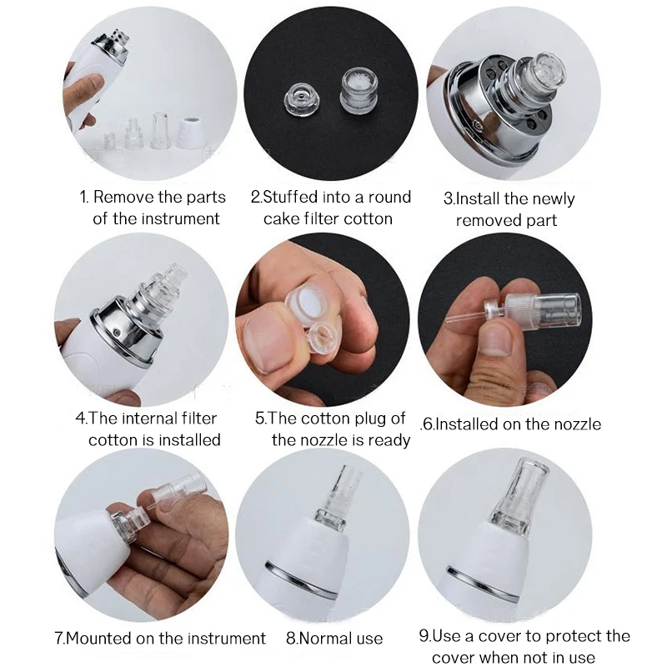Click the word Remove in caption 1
(x=123, y=198)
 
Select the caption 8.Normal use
(x=333, y=639)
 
